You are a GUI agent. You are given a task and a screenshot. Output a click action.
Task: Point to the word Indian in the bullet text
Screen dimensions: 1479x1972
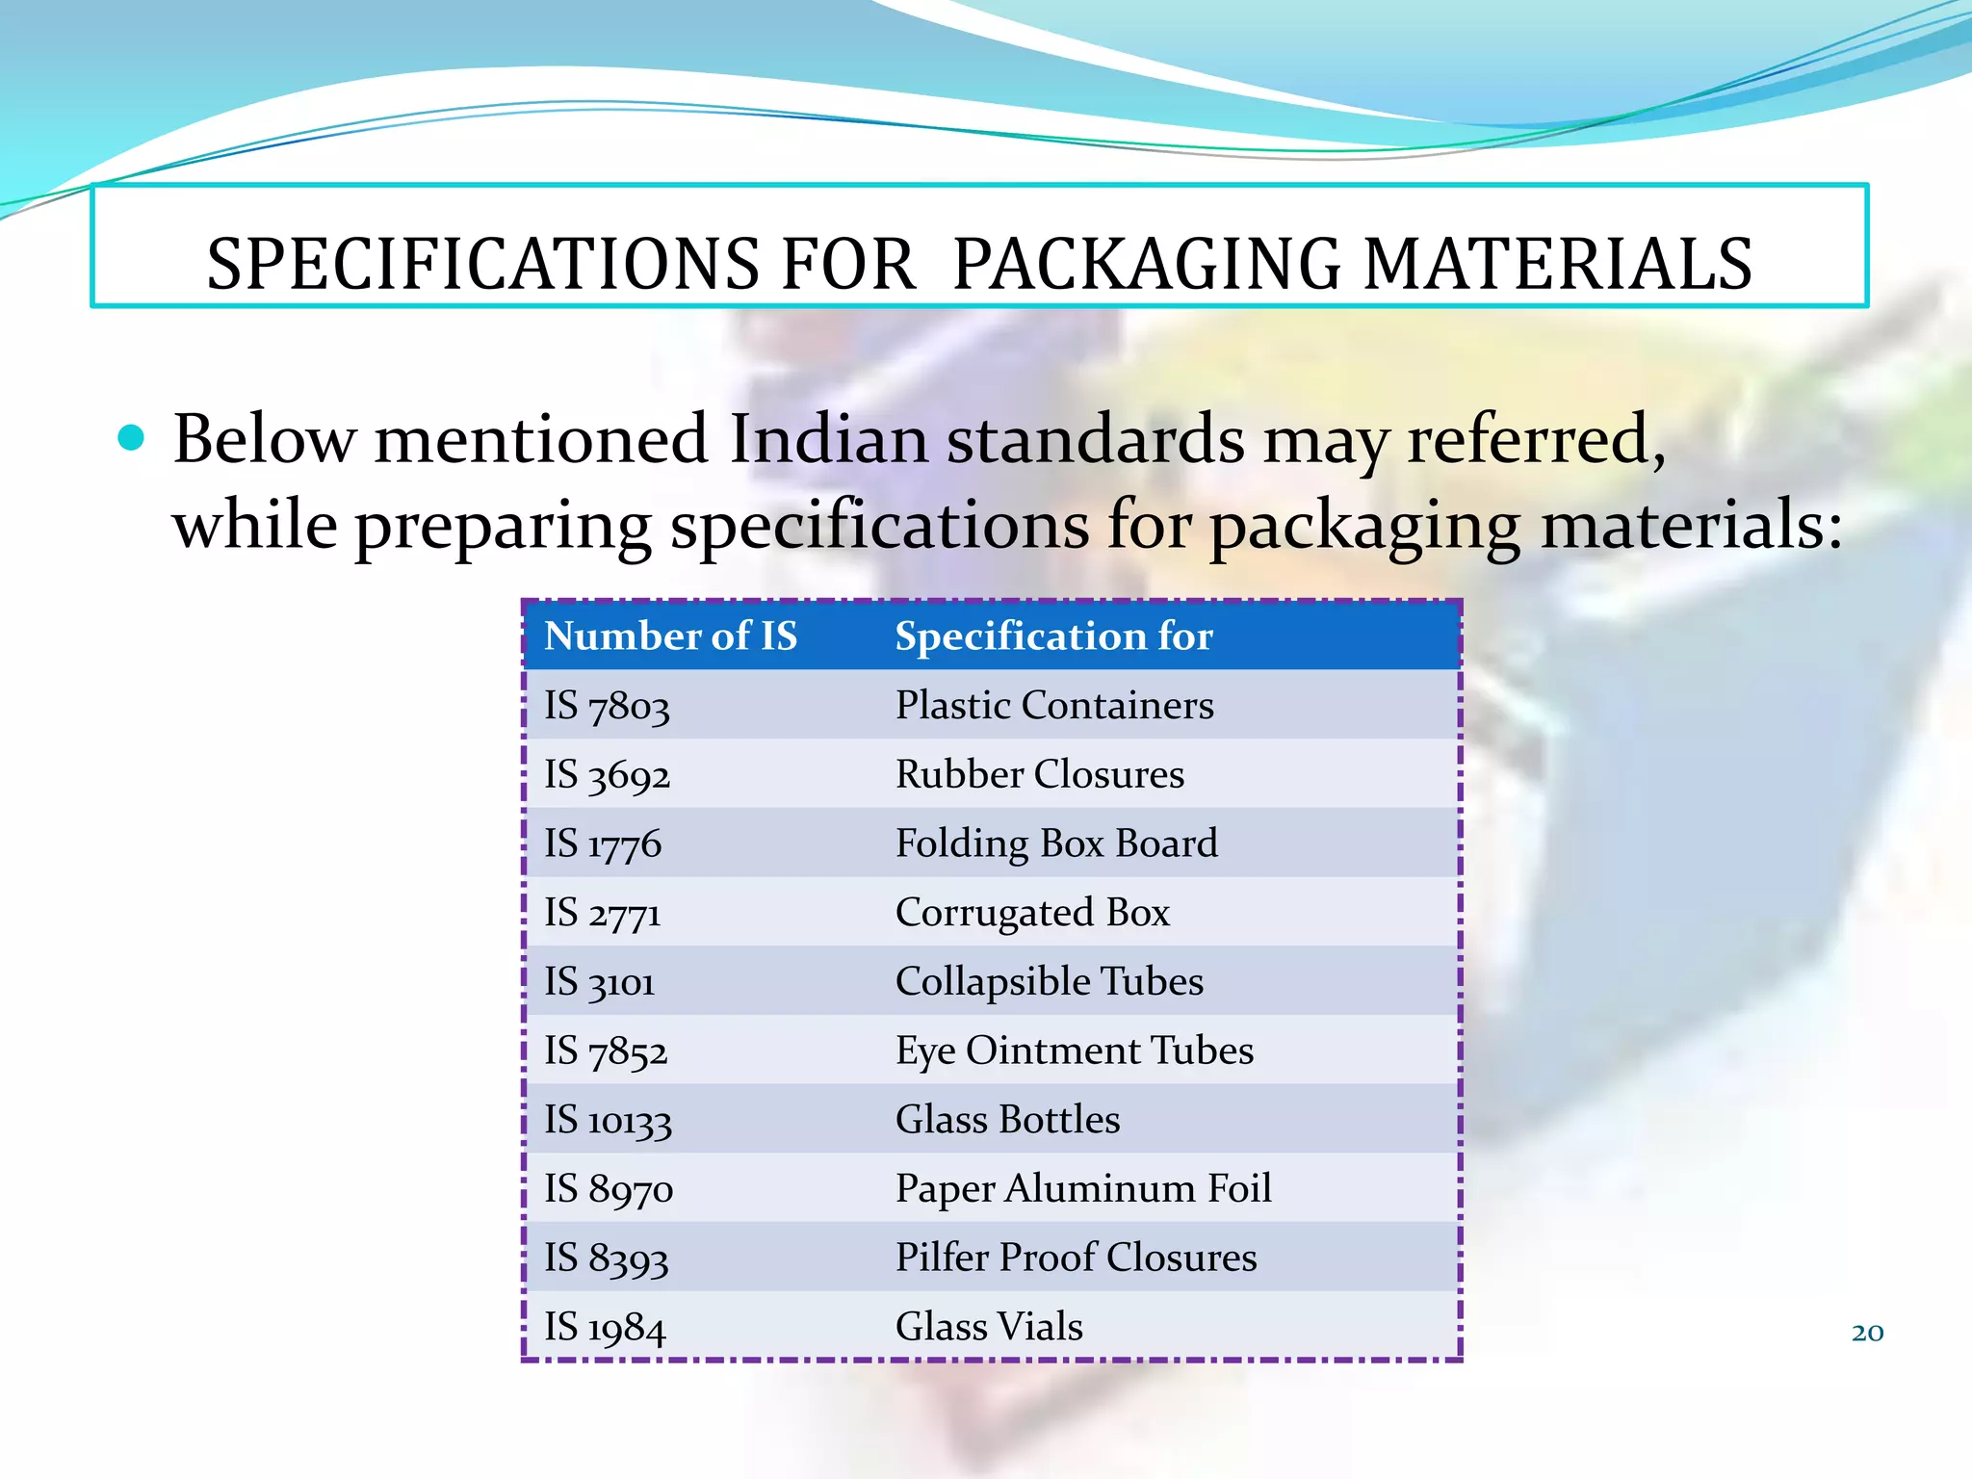pyautogui.click(x=828, y=440)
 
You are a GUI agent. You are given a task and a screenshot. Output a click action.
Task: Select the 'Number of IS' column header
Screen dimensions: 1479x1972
pyautogui.click(x=671, y=636)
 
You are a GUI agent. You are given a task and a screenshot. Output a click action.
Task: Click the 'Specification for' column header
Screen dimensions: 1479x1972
pyautogui.click(x=1053, y=636)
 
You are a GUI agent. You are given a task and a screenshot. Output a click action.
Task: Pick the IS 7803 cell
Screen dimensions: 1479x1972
pyautogui.click(x=607, y=706)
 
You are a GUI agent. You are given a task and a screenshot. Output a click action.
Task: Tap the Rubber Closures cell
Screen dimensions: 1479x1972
pyautogui.click(x=1040, y=775)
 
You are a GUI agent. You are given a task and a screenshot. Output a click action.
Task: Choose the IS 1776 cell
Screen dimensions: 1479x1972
pyautogui.click(x=603, y=844)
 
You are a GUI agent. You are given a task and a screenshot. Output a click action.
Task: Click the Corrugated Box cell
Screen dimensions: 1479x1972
pyautogui.click(x=1032, y=913)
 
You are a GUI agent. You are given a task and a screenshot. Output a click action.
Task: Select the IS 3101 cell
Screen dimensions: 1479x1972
pyautogui.click(x=600, y=982)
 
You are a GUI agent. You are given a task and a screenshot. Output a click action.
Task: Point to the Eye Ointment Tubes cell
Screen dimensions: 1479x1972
pyautogui.click(x=1075, y=1051)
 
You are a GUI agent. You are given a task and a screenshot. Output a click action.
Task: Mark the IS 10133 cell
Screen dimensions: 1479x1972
pyautogui.click(x=608, y=1120)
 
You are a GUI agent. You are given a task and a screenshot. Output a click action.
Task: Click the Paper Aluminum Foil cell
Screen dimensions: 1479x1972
pyautogui.click(x=1083, y=1189)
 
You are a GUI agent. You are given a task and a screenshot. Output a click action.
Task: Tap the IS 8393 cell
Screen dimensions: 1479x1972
pyautogui.click(x=606, y=1258)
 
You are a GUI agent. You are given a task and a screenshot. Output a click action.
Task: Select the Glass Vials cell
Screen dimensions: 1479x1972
pyautogui.click(x=989, y=1327)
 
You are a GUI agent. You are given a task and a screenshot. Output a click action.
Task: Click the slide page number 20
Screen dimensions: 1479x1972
pyautogui.click(x=1867, y=1333)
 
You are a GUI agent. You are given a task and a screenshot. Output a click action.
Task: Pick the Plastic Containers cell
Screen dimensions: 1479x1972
pyautogui.click(x=1054, y=706)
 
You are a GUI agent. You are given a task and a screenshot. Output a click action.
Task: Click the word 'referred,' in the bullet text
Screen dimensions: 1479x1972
pyautogui.click(x=1537, y=440)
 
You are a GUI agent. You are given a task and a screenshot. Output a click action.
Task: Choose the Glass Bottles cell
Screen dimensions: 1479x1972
pyautogui.click(x=1007, y=1120)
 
